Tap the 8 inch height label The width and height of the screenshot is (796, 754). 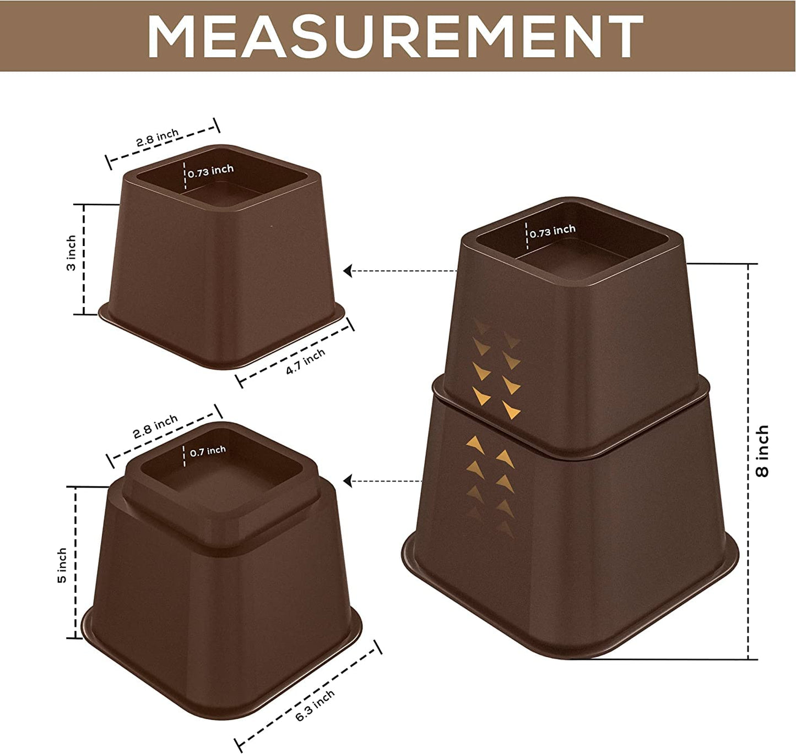coord(762,451)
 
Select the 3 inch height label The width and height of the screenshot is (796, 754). coord(72,253)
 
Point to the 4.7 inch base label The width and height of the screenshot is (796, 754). coord(305,362)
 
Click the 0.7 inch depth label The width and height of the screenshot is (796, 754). coord(208,451)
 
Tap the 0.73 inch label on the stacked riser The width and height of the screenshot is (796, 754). coord(553,231)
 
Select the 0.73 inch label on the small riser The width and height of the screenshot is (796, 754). coord(210,171)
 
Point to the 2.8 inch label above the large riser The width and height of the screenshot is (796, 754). coord(155,426)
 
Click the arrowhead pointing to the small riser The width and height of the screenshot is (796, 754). coord(348,271)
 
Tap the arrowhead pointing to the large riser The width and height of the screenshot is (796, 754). coord(348,482)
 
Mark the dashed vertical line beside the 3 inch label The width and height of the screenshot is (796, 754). coord(84,259)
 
